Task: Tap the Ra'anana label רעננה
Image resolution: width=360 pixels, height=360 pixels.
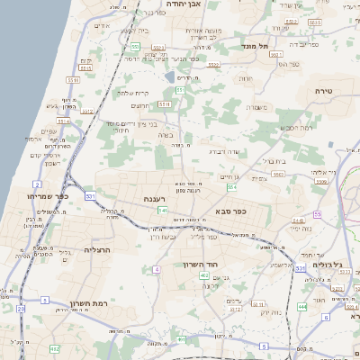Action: [x=152, y=198]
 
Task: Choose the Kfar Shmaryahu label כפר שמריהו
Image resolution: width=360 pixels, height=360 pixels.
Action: [x=46, y=195]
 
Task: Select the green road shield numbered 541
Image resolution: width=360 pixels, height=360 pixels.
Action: [x=163, y=211]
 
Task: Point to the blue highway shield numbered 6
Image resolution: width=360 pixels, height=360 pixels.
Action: [x=264, y=346]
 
